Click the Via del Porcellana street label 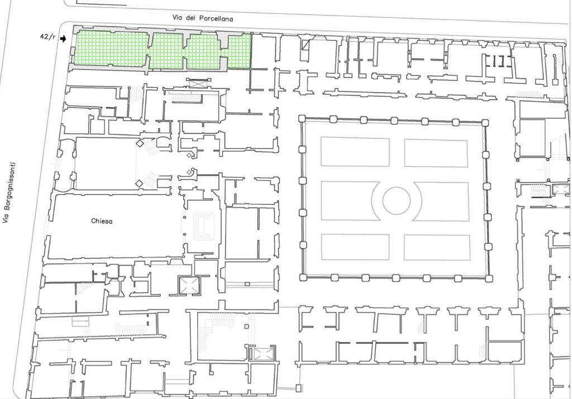coord(202,18)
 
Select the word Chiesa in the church coord(102,221)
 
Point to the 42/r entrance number coord(48,37)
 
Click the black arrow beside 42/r coord(63,39)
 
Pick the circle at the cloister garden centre coord(397,200)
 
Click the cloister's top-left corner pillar coord(302,118)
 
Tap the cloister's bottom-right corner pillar coord(489,279)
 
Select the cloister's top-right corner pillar coord(485,123)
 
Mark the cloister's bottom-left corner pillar coord(303,277)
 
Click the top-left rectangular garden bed coord(355,152)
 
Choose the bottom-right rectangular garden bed coord(437,247)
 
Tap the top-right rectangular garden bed coord(436,153)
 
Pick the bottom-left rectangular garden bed coord(355,247)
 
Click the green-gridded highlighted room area coord(162,50)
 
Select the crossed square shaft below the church coord(189,285)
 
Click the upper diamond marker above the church coord(139,143)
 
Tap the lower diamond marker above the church coord(139,184)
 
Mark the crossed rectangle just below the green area coord(198,84)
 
